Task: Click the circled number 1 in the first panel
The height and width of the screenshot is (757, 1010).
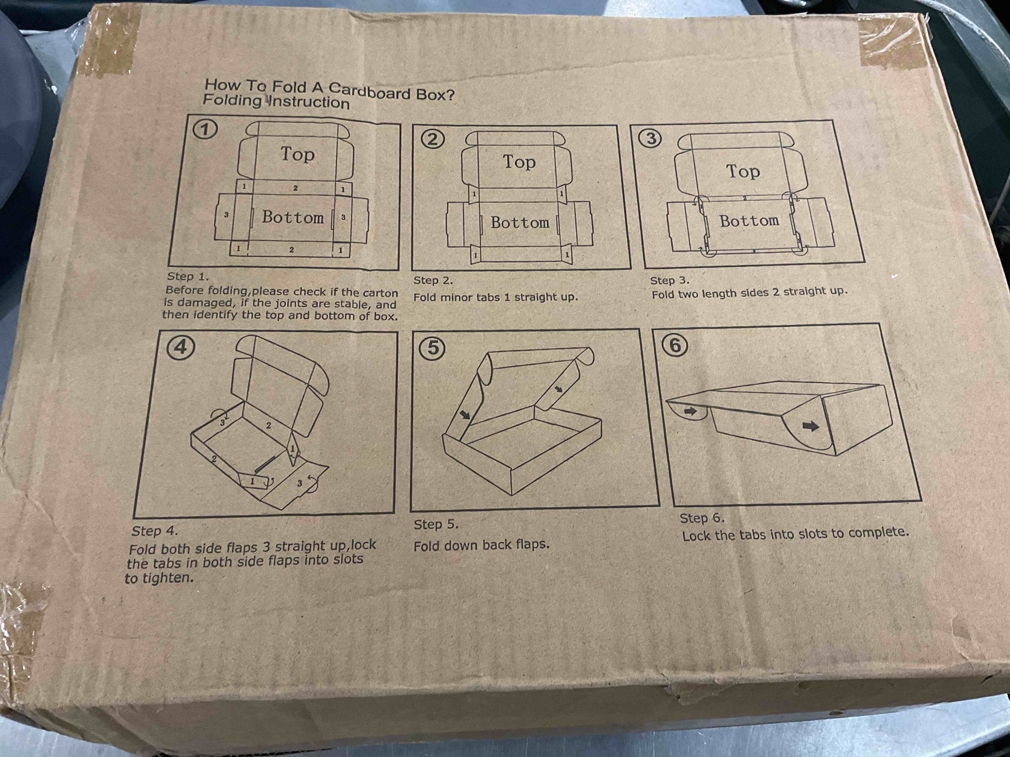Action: (205, 130)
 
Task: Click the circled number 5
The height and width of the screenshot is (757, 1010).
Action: (432, 349)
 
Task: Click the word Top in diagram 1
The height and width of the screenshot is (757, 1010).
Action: (297, 154)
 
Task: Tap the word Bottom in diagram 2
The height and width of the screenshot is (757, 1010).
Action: (520, 223)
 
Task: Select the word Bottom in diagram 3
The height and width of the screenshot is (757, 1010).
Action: (749, 221)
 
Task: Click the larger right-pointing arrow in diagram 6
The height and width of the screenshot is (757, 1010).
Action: (810, 426)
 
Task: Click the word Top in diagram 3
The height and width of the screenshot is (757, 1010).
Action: (743, 171)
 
